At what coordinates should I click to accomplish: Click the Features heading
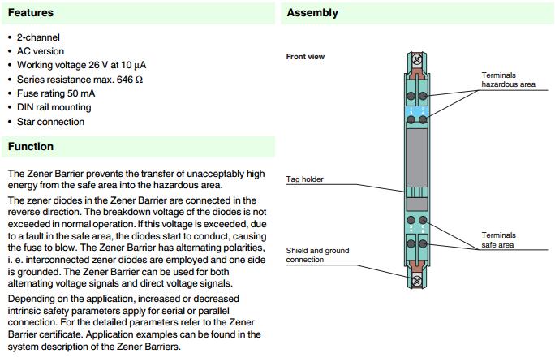(31, 13)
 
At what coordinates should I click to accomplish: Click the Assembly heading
(312, 13)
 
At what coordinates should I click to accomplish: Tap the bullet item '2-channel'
(38, 37)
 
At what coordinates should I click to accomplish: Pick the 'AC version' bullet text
(41, 51)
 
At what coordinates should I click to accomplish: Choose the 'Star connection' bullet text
(50, 122)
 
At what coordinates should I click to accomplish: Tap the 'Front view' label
(305, 57)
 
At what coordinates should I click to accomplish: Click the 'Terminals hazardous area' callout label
(508, 80)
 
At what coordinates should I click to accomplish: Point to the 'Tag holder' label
(306, 179)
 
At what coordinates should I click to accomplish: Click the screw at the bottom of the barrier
(419, 282)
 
